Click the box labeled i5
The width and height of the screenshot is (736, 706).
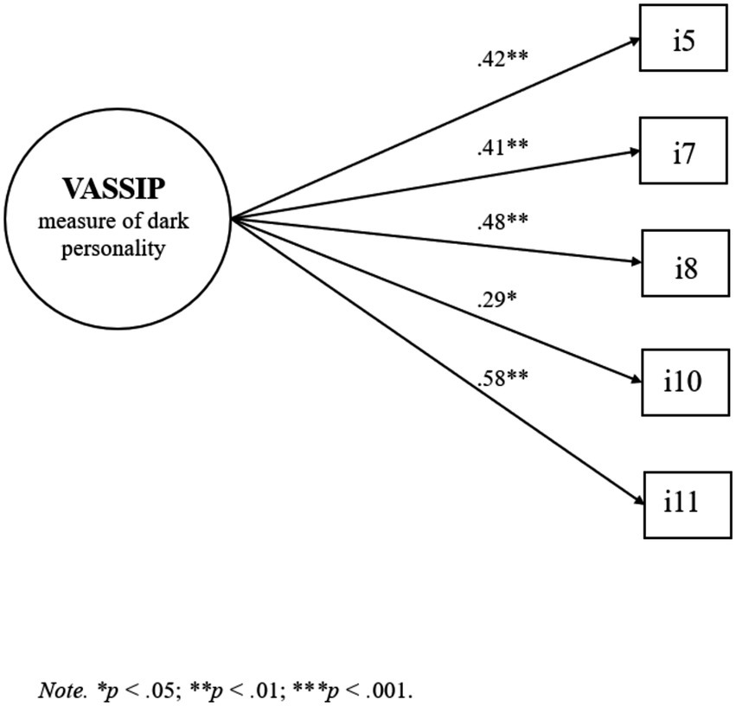click(683, 41)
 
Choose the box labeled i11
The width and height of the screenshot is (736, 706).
click(683, 503)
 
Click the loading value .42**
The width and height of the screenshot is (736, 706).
click(502, 60)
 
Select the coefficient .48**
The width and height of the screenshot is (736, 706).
click(502, 221)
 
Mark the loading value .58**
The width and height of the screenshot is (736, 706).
click(502, 377)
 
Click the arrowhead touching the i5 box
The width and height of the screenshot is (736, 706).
click(634, 42)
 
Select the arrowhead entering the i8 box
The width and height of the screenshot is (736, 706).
click(634, 260)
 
